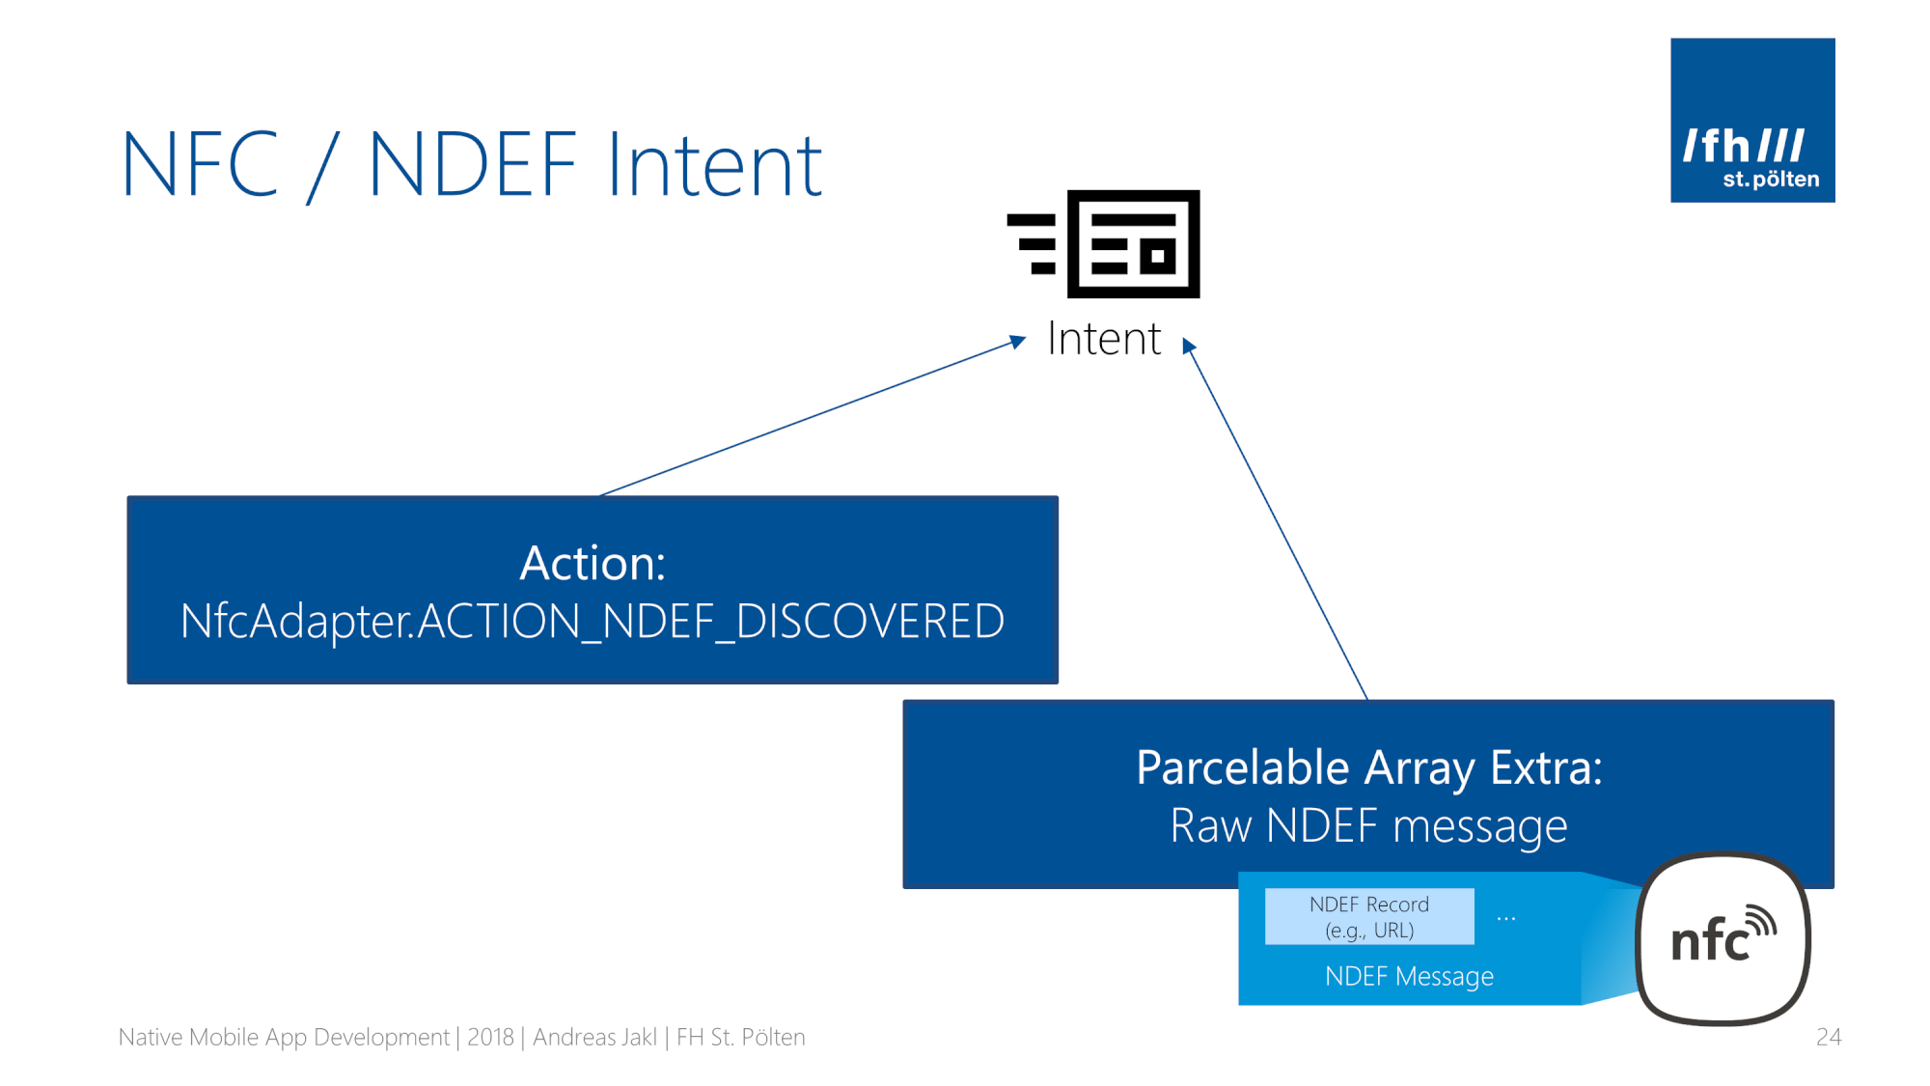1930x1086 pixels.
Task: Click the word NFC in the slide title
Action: [x=201, y=164]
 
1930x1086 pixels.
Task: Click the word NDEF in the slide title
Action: [x=473, y=164]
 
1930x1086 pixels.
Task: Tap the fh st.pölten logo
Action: [x=1752, y=121]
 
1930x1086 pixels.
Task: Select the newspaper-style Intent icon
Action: [x=1103, y=244]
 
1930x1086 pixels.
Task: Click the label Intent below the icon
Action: [x=1104, y=339]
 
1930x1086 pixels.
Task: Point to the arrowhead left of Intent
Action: [x=1017, y=342]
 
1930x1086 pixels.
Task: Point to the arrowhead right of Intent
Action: [x=1189, y=346]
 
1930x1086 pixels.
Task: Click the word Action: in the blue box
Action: [x=593, y=563]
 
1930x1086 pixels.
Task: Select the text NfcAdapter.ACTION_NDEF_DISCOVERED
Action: [x=593, y=622]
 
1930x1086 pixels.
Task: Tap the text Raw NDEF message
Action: [x=1368, y=826]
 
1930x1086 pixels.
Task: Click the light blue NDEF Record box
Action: [x=1369, y=916]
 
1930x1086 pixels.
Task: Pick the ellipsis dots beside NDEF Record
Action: [x=1505, y=919]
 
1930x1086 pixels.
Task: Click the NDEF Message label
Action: [x=1409, y=976]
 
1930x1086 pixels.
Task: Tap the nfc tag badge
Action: [x=1723, y=938]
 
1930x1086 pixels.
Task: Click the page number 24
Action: [x=1829, y=1037]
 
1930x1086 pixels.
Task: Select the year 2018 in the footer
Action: [x=490, y=1037]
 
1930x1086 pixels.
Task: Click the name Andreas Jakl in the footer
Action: [x=594, y=1037]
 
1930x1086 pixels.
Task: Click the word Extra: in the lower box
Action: [x=1546, y=768]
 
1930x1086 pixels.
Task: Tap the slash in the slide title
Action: [x=323, y=166]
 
